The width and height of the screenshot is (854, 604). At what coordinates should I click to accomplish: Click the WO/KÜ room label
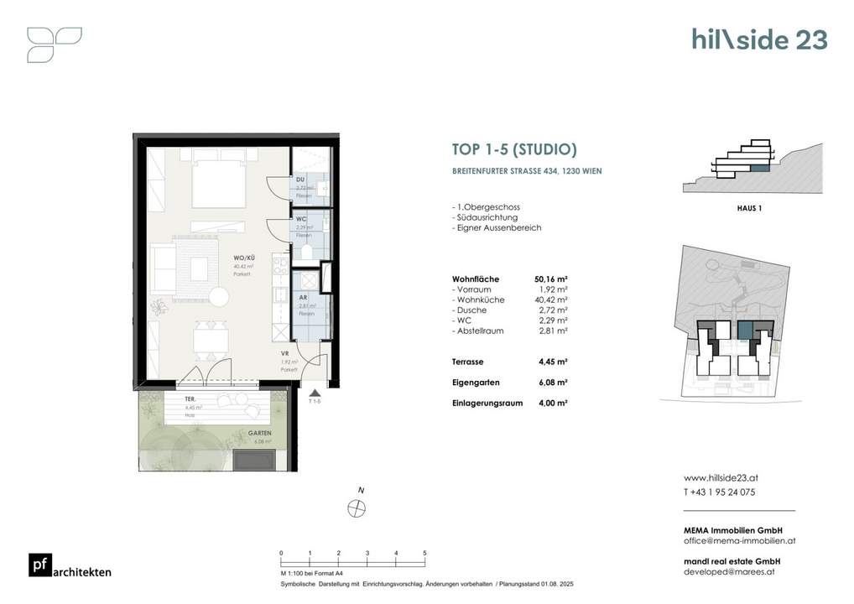click(243, 259)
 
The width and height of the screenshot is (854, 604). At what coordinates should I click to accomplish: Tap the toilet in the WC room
click(305, 251)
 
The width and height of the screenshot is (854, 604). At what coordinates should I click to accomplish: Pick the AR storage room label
click(302, 298)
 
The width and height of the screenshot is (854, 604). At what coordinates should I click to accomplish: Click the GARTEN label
click(259, 433)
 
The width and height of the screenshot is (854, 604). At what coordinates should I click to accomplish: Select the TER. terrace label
click(190, 400)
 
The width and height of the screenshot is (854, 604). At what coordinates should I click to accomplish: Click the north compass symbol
click(357, 507)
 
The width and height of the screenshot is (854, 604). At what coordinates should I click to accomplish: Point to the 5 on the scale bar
click(425, 554)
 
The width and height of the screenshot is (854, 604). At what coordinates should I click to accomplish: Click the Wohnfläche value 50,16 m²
click(550, 279)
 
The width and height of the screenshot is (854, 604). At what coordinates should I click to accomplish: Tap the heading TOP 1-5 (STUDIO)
click(514, 150)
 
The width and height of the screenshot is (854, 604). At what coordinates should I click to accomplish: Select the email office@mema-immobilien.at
click(740, 541)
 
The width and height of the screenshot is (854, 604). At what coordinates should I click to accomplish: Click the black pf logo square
click(39, 565)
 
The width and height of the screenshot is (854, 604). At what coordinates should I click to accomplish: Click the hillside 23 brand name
click(759, 39)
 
